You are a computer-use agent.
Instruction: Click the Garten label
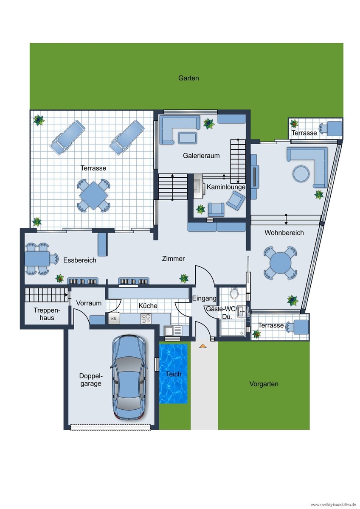click(x=188, y=78)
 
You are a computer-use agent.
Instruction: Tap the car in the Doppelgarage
click(x=129, y=378)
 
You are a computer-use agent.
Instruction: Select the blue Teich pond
click(x=173, y=374)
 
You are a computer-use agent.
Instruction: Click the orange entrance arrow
click(x=203, y=346)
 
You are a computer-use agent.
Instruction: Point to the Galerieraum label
click(x=201, y=156)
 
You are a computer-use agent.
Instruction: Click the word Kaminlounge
click(x=226, y=187)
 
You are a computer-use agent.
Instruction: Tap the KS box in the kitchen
click(x=114, y=319)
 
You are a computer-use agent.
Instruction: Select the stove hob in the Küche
click(x=146, y=319)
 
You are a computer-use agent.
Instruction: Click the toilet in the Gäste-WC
click(x=234, y=293)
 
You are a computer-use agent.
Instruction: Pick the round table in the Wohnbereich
click(x=280, y=263)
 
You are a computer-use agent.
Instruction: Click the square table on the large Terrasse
click(x=94, y=196)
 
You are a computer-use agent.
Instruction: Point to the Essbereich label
click(x=79, y=260)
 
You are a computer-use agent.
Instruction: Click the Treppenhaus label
click(x=47, y=314)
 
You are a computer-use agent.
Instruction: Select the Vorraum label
click(x=89, y=303)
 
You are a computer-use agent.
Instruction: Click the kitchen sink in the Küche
click(x=173, y=330)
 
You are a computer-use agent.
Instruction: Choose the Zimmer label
click(x=173, y=259)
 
